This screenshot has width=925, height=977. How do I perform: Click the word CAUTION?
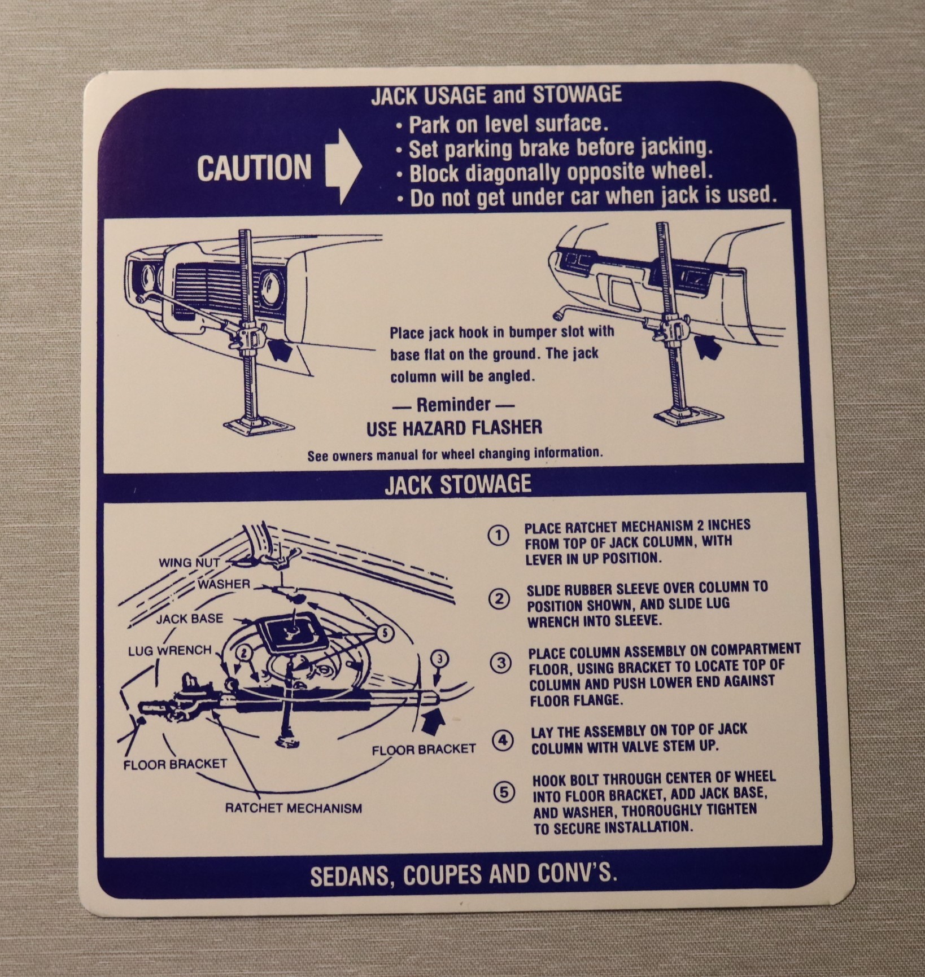tap(254, 167)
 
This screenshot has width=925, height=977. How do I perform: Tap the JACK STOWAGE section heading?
tap(458, 485)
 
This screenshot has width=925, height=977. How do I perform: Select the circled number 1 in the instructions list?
tap(498, 536)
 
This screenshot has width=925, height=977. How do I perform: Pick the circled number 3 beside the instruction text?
tap(501, 664)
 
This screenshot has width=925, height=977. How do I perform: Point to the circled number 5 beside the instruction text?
tap(504, 792)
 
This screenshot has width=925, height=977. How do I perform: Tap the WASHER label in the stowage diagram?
tap(224, 584)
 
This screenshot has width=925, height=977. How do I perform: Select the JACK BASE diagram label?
tap(190, 619)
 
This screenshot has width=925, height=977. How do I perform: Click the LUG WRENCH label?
tap(169, 650)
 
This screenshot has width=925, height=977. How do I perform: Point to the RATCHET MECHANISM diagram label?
tap(294, 808)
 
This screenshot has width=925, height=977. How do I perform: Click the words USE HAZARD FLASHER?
tap(454, 428)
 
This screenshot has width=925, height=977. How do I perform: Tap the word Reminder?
tap(453, 404)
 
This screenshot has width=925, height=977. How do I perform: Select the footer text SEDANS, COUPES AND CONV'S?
tap(464, 875)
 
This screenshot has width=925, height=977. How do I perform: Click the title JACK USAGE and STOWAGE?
tap(496, 95)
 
